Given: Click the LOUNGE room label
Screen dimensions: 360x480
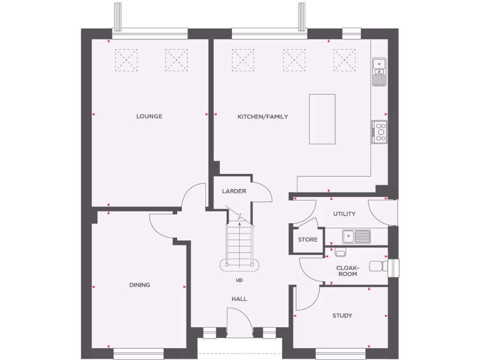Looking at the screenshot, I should point(149,116).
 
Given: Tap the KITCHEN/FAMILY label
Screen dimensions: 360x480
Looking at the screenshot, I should point(262,117).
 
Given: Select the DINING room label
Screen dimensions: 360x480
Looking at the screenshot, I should point(140,285).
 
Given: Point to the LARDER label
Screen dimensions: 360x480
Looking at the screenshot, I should point(234,191).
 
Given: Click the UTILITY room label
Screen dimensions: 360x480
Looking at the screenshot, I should point(344,214).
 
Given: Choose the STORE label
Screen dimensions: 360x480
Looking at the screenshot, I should point(307,240).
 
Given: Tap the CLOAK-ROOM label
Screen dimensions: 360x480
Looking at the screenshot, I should point(347,271).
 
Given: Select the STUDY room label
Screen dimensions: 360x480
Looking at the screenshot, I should point(342,315).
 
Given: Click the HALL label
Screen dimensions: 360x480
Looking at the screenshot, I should point(239,299).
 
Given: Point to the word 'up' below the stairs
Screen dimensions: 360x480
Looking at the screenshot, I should point(239,280).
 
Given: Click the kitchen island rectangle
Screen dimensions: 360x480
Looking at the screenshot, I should point(322,119).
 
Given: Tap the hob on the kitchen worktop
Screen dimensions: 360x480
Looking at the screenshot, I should point(380,132).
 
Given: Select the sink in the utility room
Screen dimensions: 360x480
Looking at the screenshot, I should point(356,236).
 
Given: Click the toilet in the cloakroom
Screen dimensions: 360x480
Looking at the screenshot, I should point(378,266).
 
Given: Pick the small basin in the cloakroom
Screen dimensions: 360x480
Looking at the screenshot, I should point(341,253).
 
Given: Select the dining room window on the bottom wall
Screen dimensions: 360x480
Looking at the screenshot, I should point(138,352).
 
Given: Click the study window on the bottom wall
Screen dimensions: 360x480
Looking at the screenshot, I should point(341,352).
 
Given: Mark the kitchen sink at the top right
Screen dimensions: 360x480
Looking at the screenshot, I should point(379,72).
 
